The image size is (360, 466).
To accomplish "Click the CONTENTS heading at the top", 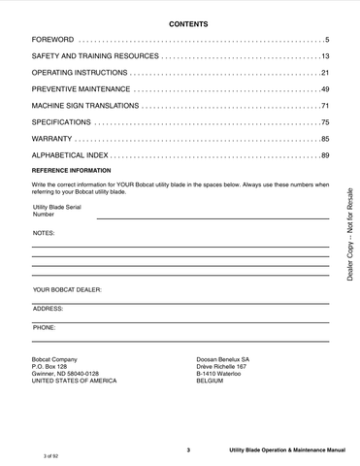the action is click(x=188, y=22).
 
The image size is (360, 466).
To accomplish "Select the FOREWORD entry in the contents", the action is click(x=54, y=40).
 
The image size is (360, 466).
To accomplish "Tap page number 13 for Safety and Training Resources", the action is click(x=325, y=57).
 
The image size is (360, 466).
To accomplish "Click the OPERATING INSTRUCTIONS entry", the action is click(x=79, y=74).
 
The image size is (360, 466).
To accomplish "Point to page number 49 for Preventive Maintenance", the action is click(x=325, y=89).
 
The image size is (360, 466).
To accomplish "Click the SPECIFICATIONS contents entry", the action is click(x=62, y=122).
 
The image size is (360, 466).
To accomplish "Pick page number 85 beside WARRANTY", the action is click(x=325, y=139).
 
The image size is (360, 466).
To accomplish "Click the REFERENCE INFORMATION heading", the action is click(x=76, y=171).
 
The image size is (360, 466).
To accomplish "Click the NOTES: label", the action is click(x=44, y=234).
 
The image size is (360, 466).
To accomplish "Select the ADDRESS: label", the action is click(x=48, y=308).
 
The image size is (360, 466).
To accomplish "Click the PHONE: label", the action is click(x=44, y=328).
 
